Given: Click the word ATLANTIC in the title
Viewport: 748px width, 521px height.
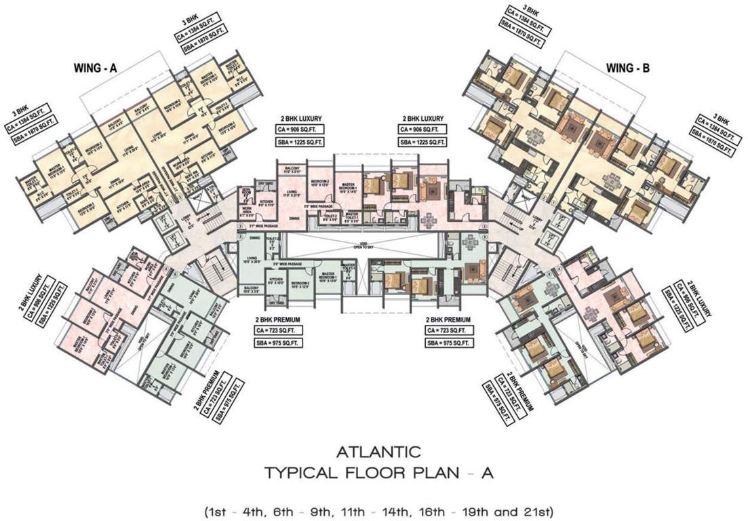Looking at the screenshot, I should (x=374, y=450).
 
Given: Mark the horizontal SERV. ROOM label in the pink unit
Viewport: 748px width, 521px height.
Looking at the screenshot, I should (x=245, y=191).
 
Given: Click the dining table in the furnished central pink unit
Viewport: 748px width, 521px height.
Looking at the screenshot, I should (x=428, y=220).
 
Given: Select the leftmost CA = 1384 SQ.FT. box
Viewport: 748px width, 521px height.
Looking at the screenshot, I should (x=28, y=120).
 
